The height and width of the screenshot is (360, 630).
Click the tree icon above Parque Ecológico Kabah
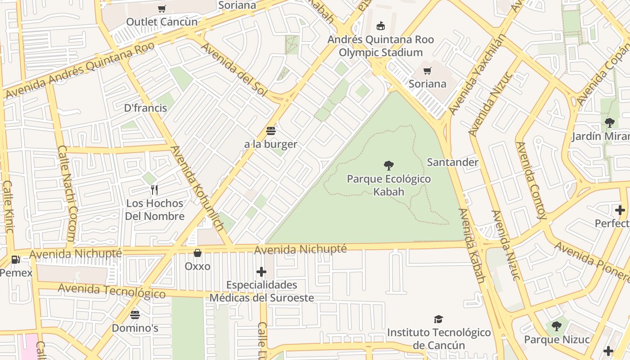click(x=389, y=165)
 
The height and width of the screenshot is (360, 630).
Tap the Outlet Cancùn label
click(x=162, y=22)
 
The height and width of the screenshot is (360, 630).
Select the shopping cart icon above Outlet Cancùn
click(x=162, y=9)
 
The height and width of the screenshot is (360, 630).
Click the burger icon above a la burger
click(x=270, y=131)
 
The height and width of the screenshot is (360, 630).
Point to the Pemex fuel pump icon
click(x=16, y=260)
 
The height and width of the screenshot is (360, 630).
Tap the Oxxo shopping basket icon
click(x=197, y=253)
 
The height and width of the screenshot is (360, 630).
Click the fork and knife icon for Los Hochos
click(x=154, y=189)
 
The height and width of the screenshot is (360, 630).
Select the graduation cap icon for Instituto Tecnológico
click(x=438, y=319)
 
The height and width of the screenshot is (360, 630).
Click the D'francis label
click(x=145, y=108)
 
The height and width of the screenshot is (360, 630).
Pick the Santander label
click(x=452, y=162)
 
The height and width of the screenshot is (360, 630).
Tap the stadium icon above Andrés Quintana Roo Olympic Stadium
click(x=381, y=26)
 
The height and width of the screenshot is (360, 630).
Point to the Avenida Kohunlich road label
click(x=197, y=189)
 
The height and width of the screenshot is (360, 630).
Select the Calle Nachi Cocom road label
click(x=67, y=193)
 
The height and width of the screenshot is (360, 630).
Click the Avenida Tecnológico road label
click(x=112, y=291)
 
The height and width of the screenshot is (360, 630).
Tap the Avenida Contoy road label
click(x=531, y=180)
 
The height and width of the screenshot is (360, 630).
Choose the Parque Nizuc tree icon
click(x=556, y=326)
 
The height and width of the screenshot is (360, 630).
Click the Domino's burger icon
click(x=135, y=315)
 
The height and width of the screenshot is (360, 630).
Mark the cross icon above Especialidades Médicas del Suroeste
click(x=261, y=272)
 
